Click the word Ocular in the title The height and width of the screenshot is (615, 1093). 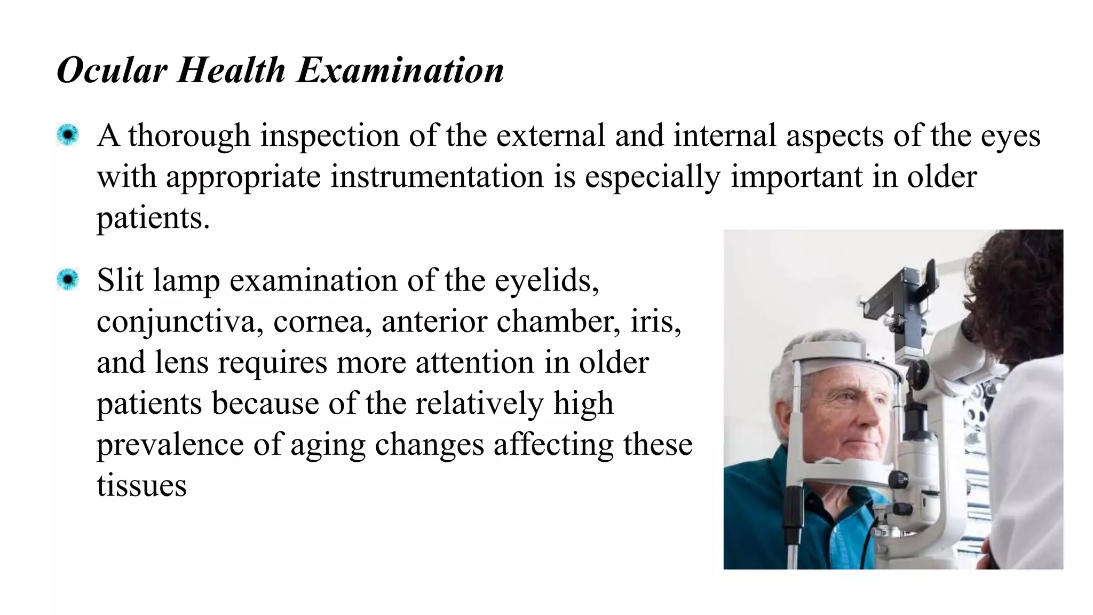pyautogui.click(x=112, y=70)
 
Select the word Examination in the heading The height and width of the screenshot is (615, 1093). pyautogui.click(x=400, y=70)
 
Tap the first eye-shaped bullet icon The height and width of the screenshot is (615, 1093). pyautogui.click(x=68, y=135)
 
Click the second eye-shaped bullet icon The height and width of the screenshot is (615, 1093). pyautogui.click(x=68, y=280)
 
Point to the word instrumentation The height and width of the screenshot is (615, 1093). pyautogui.click(x=437, y=177)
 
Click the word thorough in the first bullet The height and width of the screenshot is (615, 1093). pyautogui.click(x=189, y=136)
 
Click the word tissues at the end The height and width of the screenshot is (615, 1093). pyautogui.click(x=141, y=486)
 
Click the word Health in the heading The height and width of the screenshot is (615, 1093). pyautogui.click(x=231, y=70)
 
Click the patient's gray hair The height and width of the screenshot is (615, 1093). pyautogui.click(x=785, y=374)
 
